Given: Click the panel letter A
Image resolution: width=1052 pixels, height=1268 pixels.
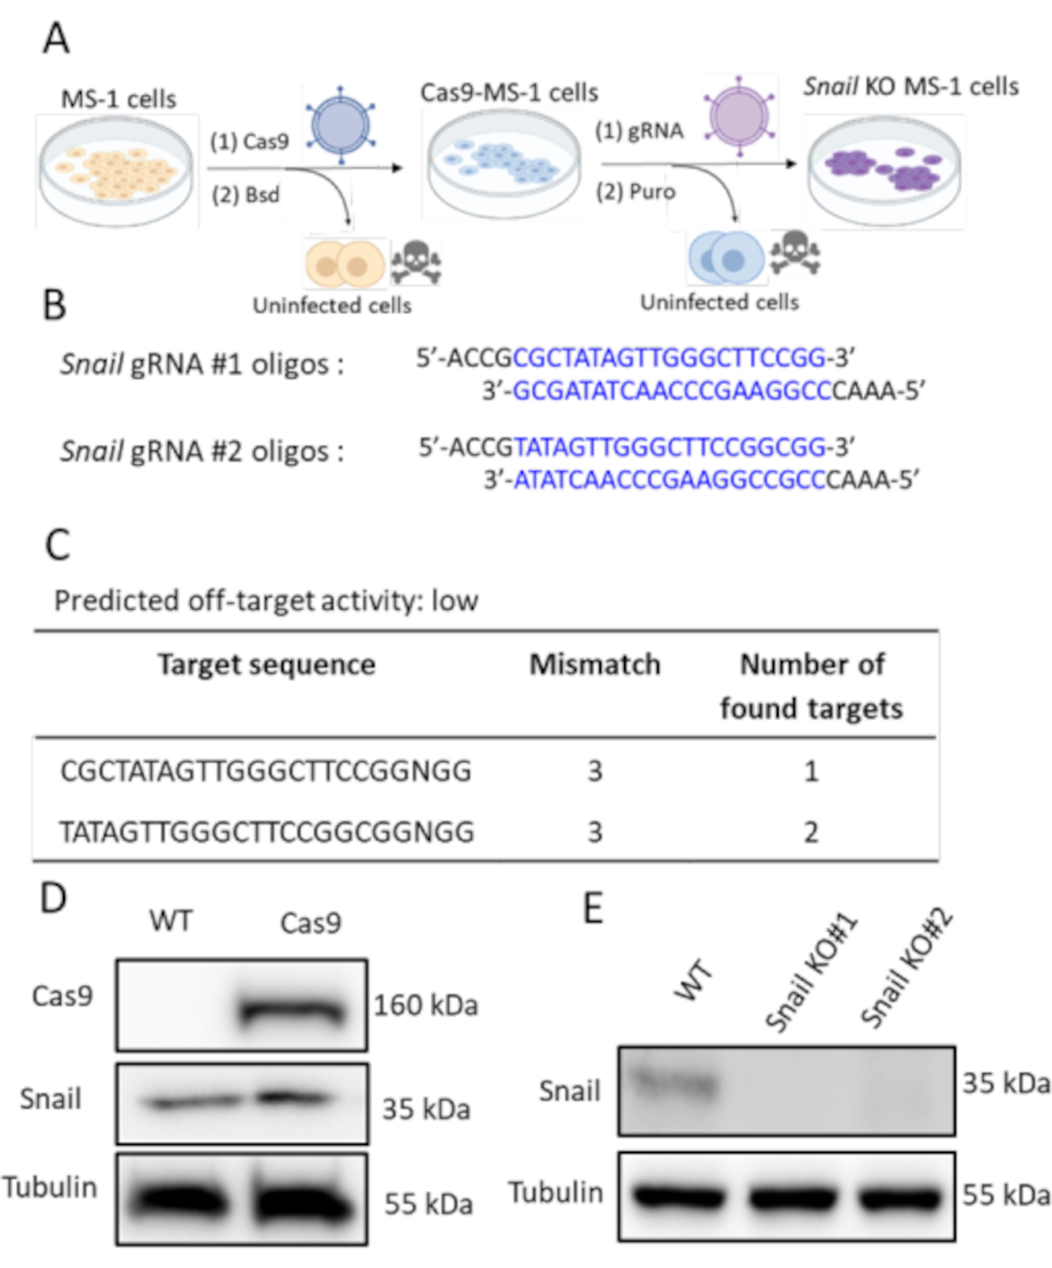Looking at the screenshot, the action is (56, 39).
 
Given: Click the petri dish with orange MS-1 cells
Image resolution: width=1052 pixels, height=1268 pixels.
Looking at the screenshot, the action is (116, 171).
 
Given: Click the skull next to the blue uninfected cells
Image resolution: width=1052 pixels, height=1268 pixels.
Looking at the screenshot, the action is (794, 253).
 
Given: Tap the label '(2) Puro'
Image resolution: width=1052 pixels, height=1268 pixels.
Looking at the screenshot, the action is (636, 191).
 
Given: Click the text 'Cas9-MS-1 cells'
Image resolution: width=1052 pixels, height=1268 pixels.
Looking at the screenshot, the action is (508, 92).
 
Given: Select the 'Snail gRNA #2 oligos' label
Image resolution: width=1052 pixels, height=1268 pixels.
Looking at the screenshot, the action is (202, 451).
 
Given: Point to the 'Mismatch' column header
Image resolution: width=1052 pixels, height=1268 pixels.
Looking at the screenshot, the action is (594, 664).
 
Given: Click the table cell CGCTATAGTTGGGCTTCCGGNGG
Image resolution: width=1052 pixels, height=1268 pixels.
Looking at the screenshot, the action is (266, 771).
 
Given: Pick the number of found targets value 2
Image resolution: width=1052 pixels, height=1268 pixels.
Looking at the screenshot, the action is (811, 832).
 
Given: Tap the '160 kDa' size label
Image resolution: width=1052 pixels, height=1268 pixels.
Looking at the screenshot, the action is (426, 1005).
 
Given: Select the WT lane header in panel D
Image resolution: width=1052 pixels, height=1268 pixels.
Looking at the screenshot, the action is (170, 921).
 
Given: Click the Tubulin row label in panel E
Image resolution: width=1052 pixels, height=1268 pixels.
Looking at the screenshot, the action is (556, 1193).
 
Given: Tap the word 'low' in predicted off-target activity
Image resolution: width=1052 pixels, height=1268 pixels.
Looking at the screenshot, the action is (454, 600).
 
